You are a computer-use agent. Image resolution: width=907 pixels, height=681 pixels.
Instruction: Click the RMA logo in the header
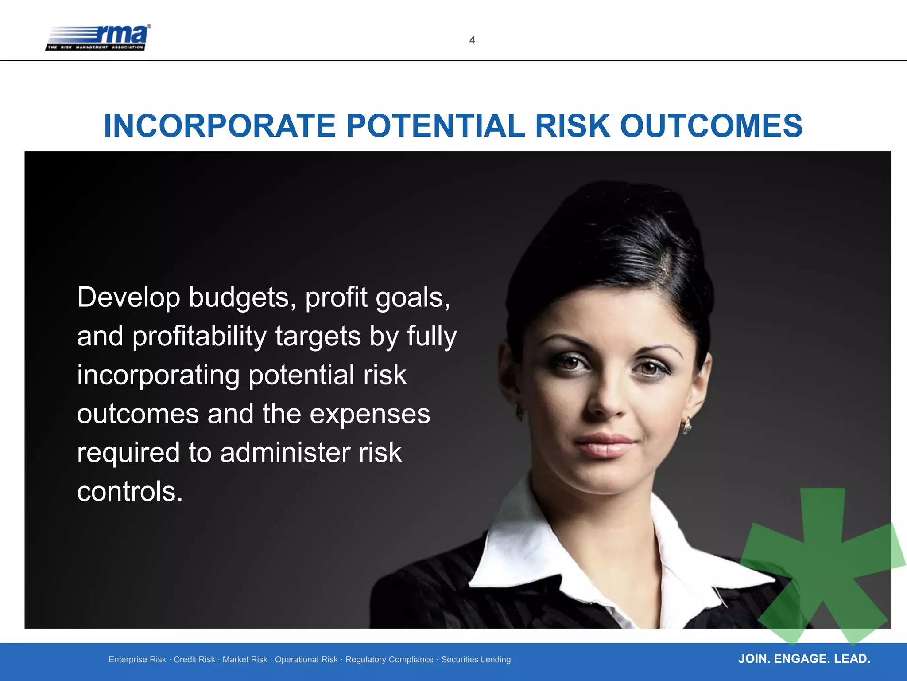(98, 38)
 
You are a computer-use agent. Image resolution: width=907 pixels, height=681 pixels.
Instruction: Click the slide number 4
(472, 40)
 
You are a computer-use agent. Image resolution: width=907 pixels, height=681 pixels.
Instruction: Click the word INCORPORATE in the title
(220, 126)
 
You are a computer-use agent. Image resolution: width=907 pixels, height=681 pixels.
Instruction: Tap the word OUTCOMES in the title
(711, 126)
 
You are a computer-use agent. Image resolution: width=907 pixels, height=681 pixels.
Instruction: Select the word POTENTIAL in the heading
(435, 126)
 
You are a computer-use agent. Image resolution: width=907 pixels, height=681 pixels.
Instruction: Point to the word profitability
(199, 336)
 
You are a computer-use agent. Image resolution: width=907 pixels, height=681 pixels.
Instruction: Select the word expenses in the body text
(370, 414)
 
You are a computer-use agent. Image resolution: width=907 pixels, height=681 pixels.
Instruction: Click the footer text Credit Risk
(194, 660)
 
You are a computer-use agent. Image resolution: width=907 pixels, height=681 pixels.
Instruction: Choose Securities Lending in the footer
(476, 660)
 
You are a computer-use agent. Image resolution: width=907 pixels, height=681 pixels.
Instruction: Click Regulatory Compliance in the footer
(389, 660)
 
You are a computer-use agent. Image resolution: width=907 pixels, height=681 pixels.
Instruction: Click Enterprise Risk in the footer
(137, 660)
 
